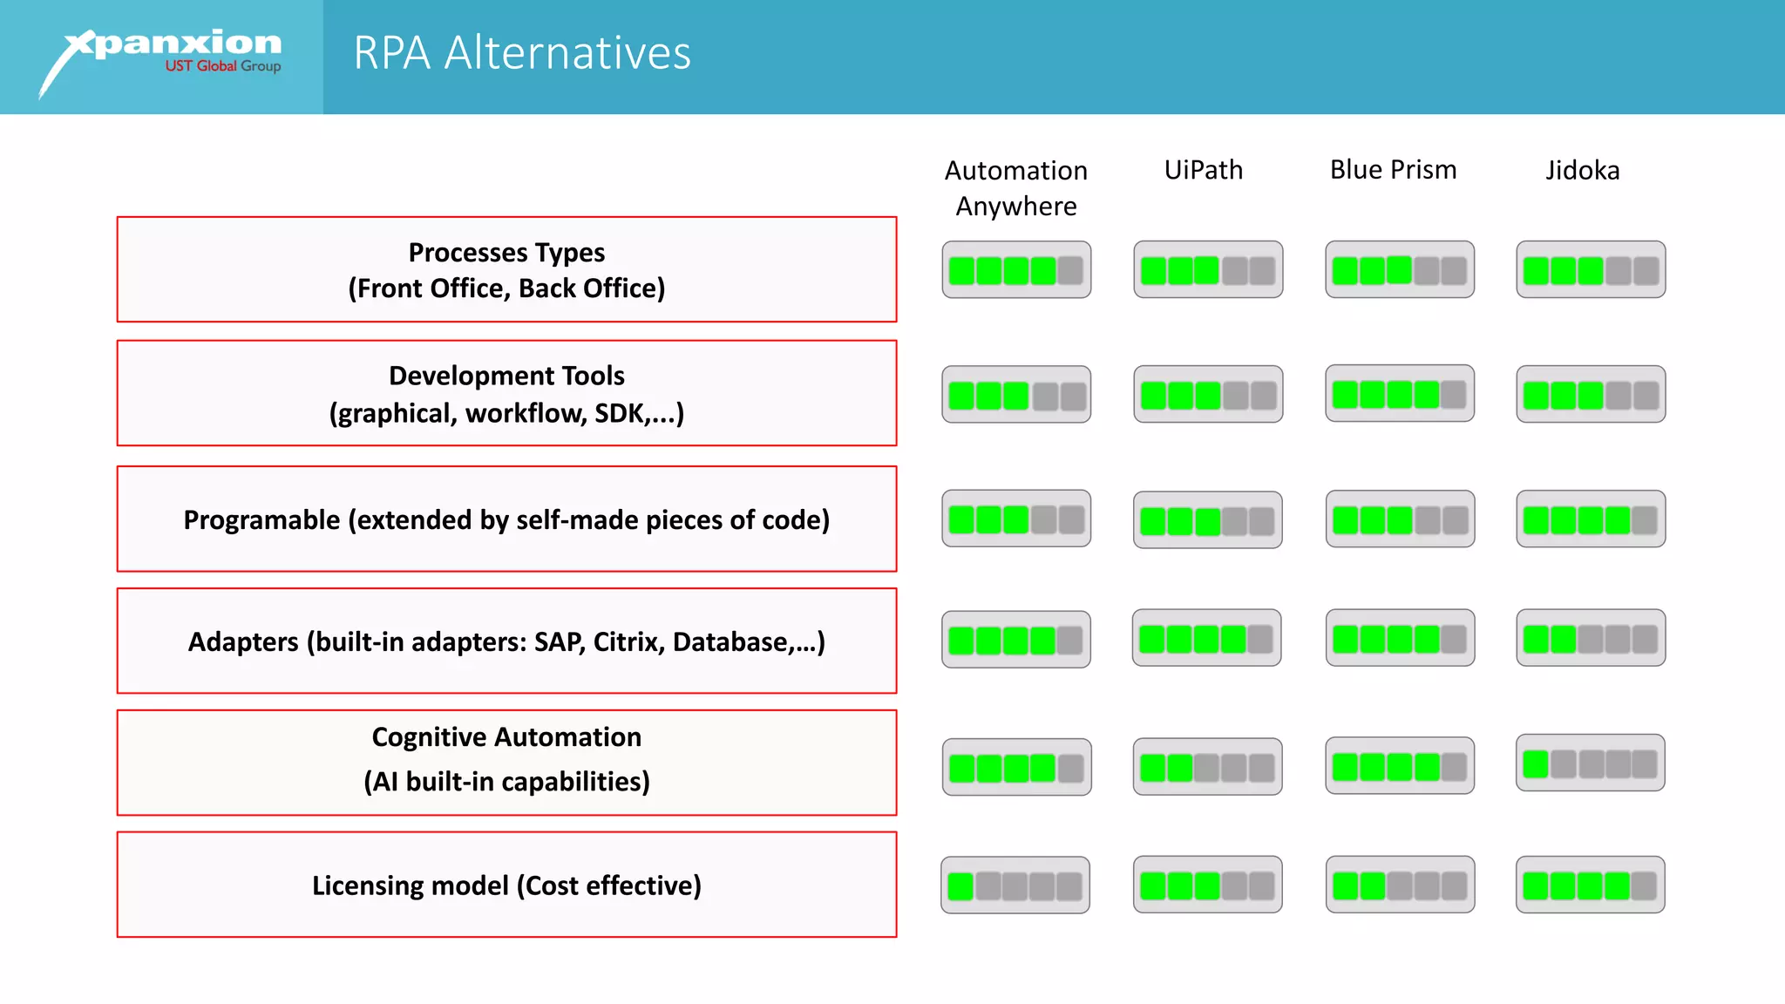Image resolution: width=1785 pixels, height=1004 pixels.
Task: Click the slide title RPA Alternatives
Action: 521,53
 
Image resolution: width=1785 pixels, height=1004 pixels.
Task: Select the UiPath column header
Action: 1203,170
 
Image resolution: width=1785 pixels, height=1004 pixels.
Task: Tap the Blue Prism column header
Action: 1393,170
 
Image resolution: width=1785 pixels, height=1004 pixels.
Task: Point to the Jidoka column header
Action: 1582,170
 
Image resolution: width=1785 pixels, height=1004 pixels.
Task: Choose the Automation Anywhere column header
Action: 1015,187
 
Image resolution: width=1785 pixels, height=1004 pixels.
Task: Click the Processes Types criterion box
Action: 506,269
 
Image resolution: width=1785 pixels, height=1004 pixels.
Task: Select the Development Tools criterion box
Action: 506,393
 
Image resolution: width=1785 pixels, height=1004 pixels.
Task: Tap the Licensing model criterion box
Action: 506,885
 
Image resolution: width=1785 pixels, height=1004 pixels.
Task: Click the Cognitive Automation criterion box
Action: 506,763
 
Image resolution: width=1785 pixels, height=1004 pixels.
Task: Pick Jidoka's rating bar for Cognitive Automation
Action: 1590,763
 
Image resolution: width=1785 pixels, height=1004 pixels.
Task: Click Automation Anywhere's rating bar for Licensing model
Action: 1015,885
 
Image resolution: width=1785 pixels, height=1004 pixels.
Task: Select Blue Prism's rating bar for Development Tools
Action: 1400,394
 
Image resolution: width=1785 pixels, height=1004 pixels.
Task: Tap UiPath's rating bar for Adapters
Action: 1206,638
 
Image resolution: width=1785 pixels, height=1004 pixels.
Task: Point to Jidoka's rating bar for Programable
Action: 1590,519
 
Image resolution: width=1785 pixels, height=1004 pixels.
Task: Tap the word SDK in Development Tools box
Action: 619,413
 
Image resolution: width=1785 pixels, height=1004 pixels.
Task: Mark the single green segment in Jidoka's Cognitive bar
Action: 1536,764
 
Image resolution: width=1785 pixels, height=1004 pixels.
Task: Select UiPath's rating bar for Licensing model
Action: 1207,885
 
